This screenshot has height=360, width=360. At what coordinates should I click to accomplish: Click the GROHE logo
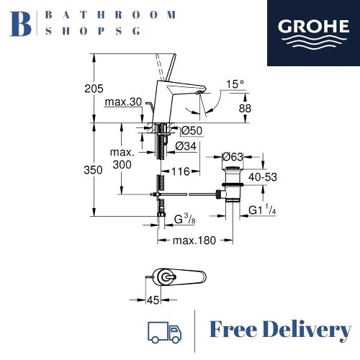313,33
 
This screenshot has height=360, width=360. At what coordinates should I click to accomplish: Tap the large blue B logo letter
21,24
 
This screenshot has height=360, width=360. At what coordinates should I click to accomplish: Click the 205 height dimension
94,89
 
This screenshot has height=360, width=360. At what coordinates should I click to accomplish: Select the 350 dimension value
93,170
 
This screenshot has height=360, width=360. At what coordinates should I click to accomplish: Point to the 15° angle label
235,84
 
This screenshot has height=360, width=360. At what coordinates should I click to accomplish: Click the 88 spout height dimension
245,109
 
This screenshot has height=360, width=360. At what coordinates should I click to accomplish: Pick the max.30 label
123,102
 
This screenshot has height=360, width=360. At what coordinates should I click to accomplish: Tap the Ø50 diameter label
192,130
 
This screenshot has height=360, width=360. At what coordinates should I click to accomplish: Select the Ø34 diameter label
186,146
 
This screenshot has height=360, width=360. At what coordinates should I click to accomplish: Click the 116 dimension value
181,171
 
